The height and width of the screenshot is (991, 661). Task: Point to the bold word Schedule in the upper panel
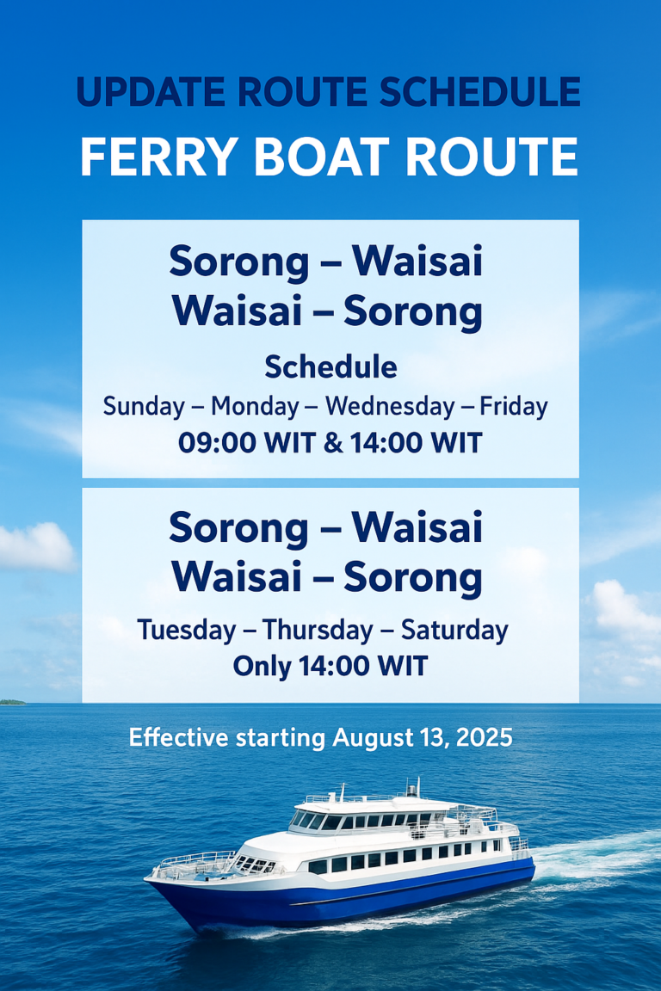330,366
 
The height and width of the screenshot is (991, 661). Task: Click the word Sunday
144,406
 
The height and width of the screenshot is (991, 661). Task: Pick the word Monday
254,406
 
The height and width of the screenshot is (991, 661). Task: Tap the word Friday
514,406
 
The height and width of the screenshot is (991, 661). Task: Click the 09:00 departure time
216,442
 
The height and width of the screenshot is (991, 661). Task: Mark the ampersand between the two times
333,442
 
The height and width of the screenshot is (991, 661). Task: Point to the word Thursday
318,630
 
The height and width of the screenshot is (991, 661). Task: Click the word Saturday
454,630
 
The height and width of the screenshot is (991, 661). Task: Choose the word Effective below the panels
178,737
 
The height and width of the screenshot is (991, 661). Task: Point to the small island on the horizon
12,702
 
